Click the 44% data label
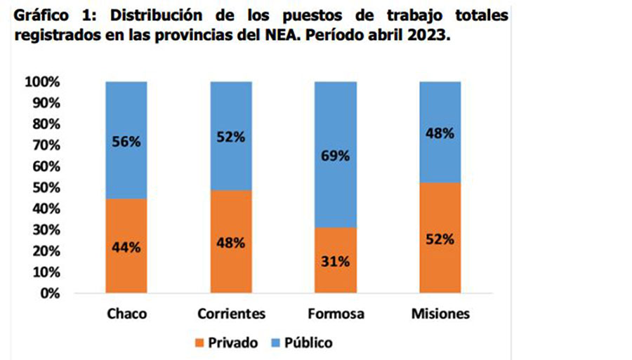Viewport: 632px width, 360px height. (x=126, y=247)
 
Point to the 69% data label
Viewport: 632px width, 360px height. (x=336, y=156)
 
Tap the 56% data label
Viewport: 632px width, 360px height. (x=126, y=141)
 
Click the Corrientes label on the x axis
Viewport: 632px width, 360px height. (x=231, y=313)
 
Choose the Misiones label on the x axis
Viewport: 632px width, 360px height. (x=440, y=313)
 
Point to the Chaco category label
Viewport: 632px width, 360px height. (x=126, y=313)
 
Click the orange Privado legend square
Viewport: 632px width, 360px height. (x=199, y=343)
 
